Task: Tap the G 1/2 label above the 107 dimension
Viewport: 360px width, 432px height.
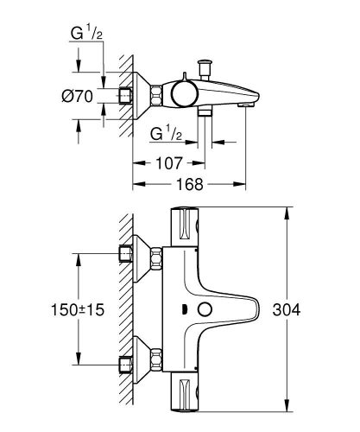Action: point(166,135)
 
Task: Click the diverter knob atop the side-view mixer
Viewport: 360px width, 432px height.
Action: point(206,65)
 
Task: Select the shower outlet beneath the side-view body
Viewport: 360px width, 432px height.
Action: point(205,111)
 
